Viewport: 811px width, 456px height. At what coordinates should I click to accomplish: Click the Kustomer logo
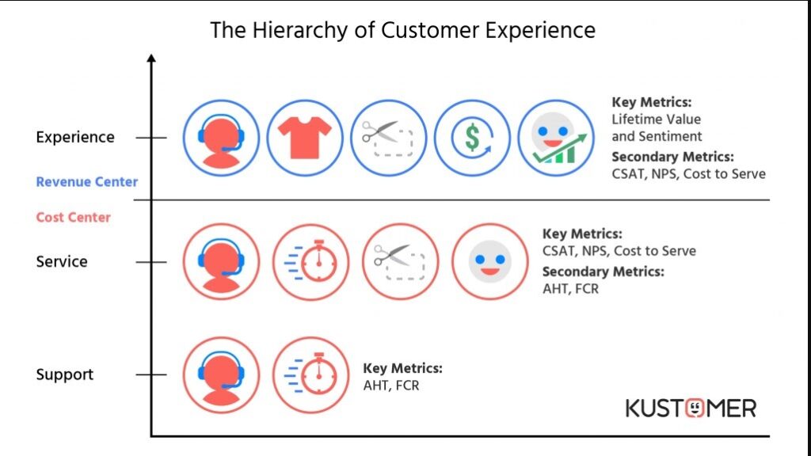(691, 408)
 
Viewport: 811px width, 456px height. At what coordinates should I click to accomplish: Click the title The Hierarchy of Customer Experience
(402, 30)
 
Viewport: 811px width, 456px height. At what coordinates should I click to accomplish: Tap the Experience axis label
(75, 137)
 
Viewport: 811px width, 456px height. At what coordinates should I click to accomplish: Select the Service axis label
(62, 261)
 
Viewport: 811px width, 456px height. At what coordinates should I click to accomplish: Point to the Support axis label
(65, 374)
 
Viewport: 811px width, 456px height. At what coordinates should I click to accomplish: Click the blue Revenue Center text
(86, 182)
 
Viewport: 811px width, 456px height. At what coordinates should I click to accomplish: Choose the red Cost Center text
(73, 218)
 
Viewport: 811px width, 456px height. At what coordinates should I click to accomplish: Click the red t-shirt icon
(305, 138)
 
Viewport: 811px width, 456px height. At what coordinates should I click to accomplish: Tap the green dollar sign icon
(473, 138)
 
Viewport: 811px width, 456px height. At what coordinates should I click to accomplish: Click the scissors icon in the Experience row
(389, 138)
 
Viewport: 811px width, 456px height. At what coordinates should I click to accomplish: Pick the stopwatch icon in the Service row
(311, 261)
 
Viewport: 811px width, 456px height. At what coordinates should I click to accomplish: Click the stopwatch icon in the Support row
(311, 374)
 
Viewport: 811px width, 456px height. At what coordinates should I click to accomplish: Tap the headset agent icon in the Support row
(221, 374)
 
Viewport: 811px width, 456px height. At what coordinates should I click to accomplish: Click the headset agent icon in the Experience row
(221, 138)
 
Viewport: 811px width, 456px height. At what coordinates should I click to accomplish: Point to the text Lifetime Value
(656, 119)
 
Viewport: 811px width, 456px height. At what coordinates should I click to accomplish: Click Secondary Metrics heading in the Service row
(603, 272)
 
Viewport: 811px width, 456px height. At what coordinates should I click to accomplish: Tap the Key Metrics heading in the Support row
(402, 369)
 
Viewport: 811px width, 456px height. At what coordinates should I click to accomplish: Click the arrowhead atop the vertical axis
(151, 59)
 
